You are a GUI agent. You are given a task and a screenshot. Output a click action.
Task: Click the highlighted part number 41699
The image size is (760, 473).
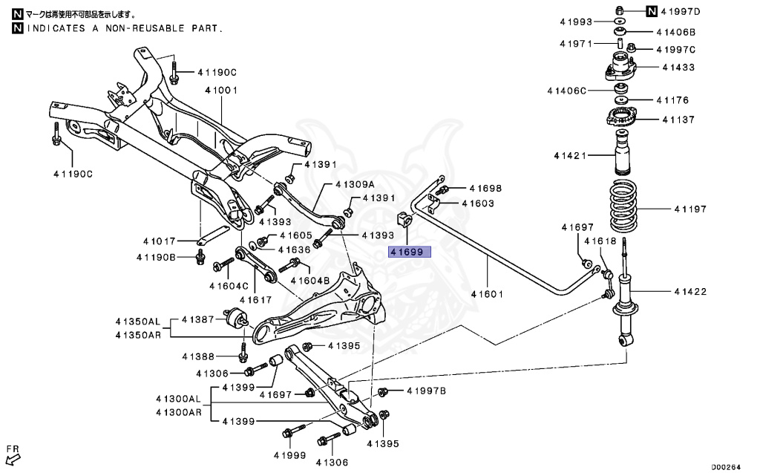click(x=408, y=252)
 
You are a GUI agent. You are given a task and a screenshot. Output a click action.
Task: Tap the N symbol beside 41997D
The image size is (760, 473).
click(x=651, y=10)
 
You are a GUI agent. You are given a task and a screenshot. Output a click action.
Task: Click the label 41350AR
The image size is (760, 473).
click(x=137, y=335)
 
